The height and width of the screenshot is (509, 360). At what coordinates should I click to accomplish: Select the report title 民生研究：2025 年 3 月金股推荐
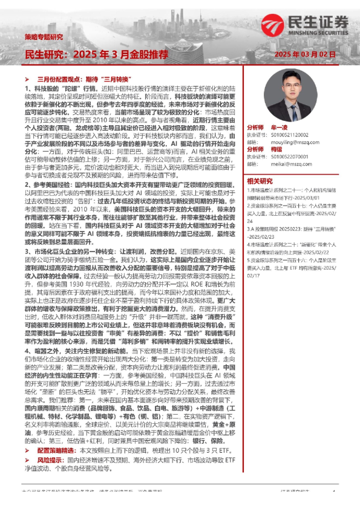pyautogui.click(x=96, y=54)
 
